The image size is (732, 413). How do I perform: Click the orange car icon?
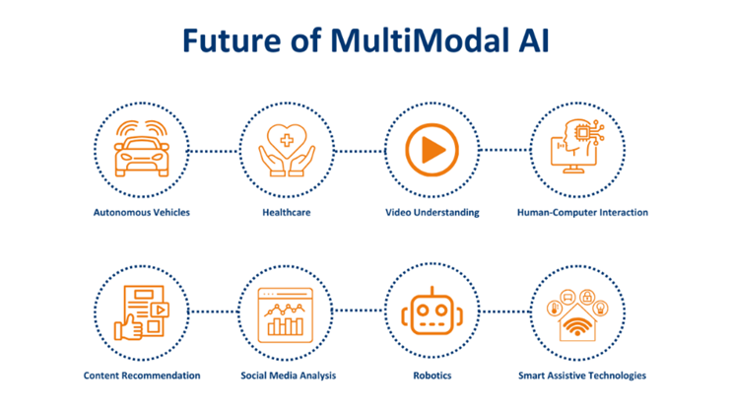(142, 149)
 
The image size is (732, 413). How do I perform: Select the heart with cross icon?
(287, 141)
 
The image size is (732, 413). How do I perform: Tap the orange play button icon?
(432, 150)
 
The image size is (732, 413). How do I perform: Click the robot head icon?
(432, 310)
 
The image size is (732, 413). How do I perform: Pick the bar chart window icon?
(286, 315)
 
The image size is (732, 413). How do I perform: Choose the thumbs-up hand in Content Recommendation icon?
(128, 327)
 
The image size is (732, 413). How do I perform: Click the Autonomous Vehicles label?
(142, 213)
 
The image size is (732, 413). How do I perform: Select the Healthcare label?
(286, 213)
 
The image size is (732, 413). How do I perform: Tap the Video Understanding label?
(433, 213)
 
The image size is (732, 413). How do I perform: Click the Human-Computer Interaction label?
(582, 213)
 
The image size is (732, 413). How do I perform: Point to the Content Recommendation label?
(142, 376)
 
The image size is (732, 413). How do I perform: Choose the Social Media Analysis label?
(288, 376)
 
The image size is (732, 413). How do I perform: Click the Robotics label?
(433, 376)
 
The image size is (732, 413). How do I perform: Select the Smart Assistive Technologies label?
(582, 376)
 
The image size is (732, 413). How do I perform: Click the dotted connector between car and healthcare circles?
(214, 151)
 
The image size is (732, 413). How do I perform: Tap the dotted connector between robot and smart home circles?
(505, 311)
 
